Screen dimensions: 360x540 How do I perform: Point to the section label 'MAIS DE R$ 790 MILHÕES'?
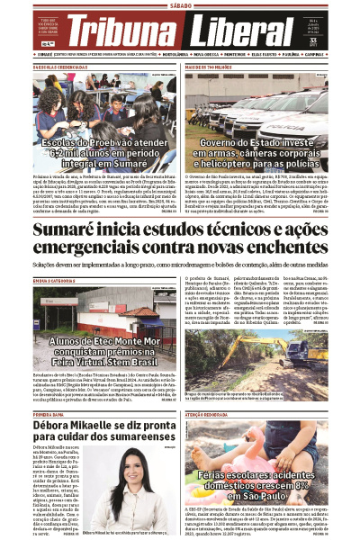211,67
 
